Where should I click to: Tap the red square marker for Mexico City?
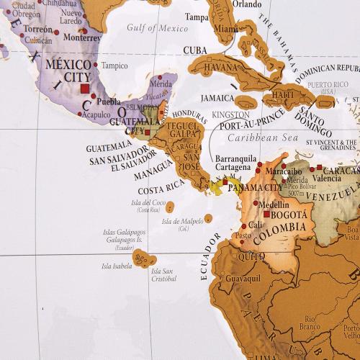pyautogui.click(x=85, y=89)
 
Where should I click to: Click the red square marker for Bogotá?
pyautogui.click(x=267, y=215)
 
